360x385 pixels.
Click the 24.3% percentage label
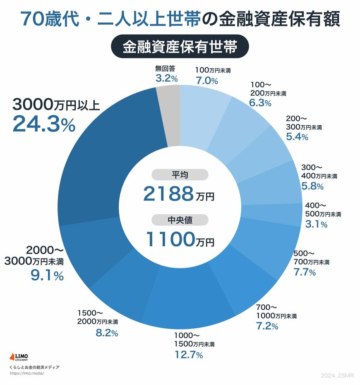tap(44, 124)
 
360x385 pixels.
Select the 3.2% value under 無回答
tap(167, 78)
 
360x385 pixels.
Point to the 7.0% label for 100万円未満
tap(206, 81)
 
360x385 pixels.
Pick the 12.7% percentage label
tap(188, 355)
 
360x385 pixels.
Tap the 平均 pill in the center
tap(180, 175)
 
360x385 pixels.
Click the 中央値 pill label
tap(180, 220)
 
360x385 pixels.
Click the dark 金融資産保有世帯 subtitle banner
tap(180, 47)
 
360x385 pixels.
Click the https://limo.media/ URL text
tap(26, 373)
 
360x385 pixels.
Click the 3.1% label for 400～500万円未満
tap(316, 224)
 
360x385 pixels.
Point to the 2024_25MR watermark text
tap(337, 375)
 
